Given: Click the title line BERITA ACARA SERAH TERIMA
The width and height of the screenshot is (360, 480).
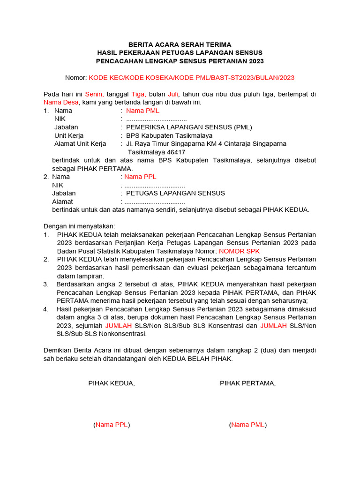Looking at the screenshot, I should tap(180, 44).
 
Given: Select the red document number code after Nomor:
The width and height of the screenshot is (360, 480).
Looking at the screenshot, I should tap(192, 77).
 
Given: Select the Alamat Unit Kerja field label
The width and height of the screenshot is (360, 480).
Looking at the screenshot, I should tap(80, 144).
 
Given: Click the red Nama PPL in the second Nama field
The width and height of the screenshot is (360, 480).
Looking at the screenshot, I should tap(140, 177).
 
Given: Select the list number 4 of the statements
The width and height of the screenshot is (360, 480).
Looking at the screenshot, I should tap(46, 309).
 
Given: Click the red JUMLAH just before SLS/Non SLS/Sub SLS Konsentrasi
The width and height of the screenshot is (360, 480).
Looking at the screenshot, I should tap(119, 325).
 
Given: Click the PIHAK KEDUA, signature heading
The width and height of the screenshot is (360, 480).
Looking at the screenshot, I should tap(112, 383).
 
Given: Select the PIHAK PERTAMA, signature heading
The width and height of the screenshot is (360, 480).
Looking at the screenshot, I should tap(248, 383).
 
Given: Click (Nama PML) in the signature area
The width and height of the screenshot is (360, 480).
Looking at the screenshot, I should tap(248, 425).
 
